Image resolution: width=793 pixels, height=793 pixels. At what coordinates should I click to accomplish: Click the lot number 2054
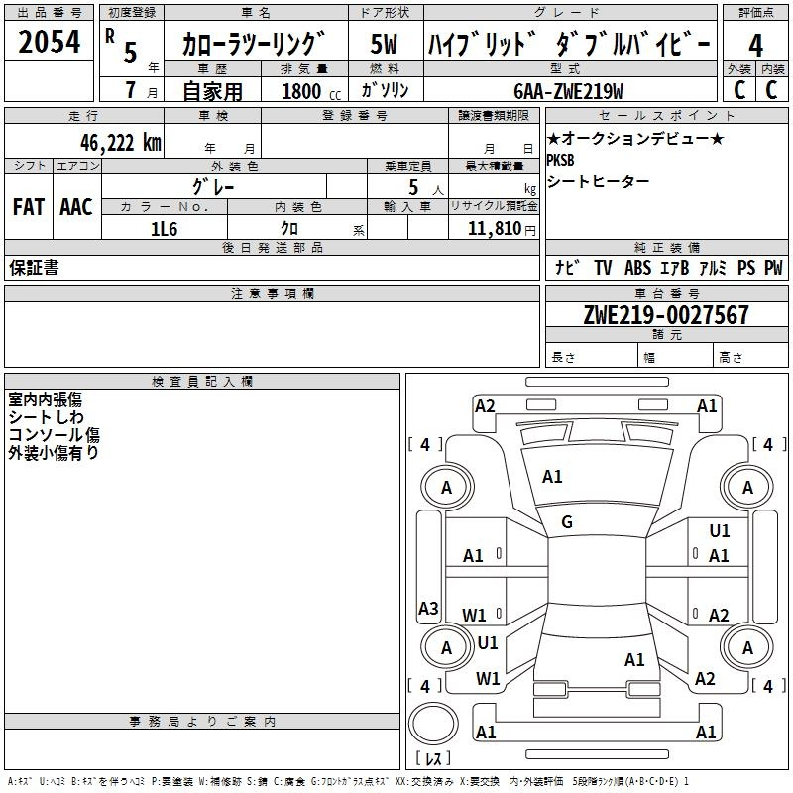pyautogui.click(x=49, y=42)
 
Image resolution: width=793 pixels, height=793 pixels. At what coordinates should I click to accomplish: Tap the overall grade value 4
pyautogui.click(x=755, y=46)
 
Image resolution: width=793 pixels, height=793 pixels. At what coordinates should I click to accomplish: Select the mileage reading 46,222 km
pyautogui.click(x=121, y=143)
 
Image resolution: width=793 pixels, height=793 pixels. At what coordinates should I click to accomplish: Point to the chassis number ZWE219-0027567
pyautogui.click(x=666, y=315)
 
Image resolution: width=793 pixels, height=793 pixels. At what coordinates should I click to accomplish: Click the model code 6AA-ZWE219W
pyautogui.click(x=568, y=91)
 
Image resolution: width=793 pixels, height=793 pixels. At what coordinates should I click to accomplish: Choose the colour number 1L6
pyautogui.click(x=164, y=229)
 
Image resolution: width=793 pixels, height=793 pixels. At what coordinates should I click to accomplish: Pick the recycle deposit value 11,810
pyautogui.click(x=495, y=229)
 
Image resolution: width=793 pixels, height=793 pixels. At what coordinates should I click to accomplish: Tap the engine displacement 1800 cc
pyautogui.click(x=311, y=91)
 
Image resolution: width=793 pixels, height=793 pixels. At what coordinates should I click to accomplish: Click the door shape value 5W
pyautogui.click(x=384, y=44)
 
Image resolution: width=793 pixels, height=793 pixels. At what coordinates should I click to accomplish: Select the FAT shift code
pyautogui.click(x=29, y=207)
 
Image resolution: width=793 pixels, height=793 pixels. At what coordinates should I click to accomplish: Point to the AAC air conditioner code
pyautogui.click(x=76, y=207)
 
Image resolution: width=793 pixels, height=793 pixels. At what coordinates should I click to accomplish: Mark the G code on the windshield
pyautogui.click(x=567, y=522)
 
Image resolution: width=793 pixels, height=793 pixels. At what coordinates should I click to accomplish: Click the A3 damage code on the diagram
pyautogui.click(x=428, y=608)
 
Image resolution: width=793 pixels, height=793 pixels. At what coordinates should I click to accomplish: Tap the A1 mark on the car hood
pyautogui.click(x=552, y=477)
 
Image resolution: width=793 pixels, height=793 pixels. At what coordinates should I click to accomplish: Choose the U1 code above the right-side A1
pyautogui.click(x=720, y=531)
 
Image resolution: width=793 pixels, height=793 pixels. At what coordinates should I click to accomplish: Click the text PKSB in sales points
pyautogui.click(x=560, y=160)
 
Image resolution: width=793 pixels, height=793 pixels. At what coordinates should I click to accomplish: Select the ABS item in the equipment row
pyautogui.click(x=637, y=267)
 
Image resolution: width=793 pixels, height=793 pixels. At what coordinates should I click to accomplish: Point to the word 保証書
pyautogui.click(x=34, y=267)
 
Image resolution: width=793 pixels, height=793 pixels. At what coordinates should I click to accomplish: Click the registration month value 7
pyautogui.click(x=131, y=90)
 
